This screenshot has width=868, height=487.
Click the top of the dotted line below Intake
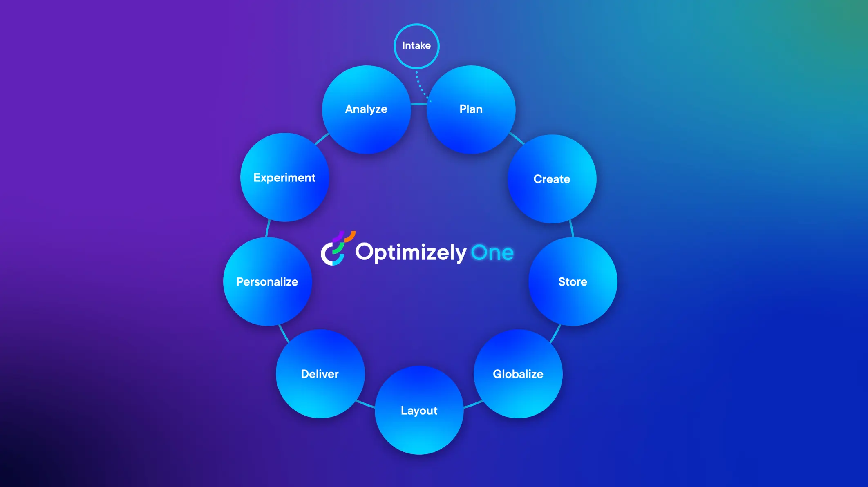416,72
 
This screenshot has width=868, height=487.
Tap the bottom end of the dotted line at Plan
430,101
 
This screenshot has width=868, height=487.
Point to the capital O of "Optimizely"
365,252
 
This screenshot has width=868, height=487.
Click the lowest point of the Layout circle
419,454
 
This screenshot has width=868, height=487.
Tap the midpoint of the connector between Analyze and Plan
419,104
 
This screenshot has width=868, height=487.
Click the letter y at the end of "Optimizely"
461,255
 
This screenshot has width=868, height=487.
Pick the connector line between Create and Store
571,229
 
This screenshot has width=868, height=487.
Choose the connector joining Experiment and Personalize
268,228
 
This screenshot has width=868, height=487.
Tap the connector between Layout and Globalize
473,404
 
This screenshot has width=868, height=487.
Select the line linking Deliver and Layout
365,404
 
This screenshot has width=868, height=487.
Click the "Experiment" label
284,178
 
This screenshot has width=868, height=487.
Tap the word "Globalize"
518,374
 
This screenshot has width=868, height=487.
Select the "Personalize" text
267,282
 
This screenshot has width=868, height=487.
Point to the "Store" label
573,282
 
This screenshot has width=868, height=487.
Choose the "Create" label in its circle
552,179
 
